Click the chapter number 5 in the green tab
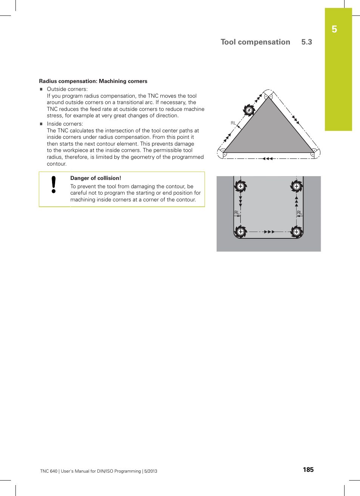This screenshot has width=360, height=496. pos(334,29)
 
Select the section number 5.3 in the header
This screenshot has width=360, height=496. pos(306,42)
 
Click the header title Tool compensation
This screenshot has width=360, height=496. pos(255,42)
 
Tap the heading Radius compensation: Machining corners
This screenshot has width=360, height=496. pos(93,81)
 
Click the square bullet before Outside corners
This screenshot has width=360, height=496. pos(42,89)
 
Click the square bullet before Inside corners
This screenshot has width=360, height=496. pos(42,124)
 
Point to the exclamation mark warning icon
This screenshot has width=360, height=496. pos(54,185)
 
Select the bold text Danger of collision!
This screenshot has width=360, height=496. pos(95,178)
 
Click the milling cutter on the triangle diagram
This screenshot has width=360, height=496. pos(249,110)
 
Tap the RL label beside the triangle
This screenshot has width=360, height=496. pos(233,123)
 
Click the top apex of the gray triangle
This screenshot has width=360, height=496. pos(269,97)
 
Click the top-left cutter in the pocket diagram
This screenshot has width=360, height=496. pos(240,186)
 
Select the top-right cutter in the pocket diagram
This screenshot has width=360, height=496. pos(297,186)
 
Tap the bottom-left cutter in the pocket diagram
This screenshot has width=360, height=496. pos(240,232)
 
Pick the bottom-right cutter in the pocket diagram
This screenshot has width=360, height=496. pos(297,232)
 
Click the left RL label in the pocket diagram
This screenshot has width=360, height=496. pos(237,213)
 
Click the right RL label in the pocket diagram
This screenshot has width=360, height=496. pos(300,213)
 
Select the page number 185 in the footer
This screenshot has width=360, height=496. pos(308,470)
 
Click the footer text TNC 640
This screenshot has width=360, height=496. pos(49,471)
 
